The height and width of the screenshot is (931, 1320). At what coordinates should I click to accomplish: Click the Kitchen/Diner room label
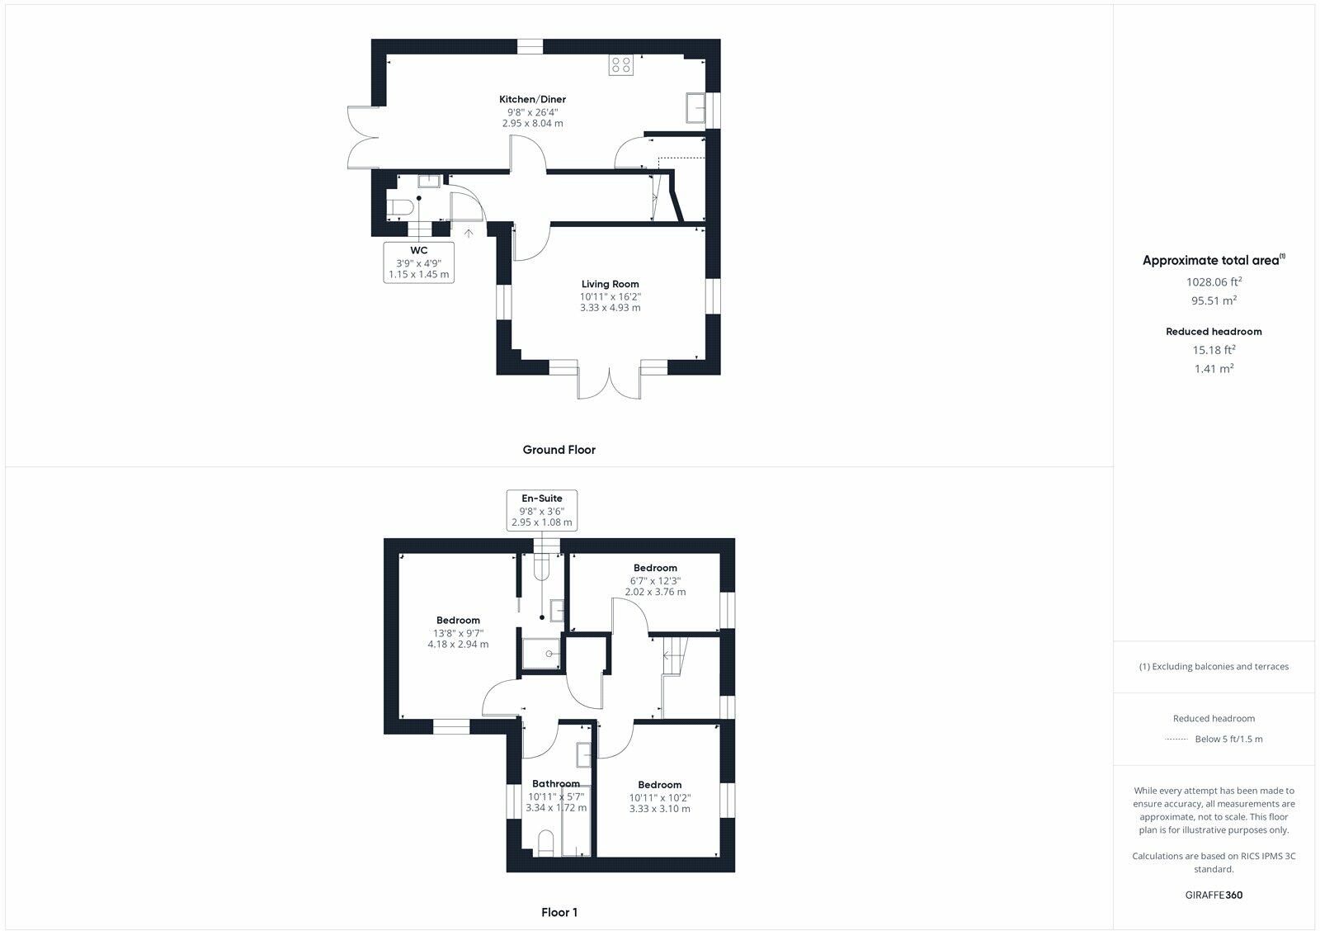point(532,99)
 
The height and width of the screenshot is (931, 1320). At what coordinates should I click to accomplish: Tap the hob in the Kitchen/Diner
point(621,65)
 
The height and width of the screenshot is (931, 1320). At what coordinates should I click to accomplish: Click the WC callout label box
point(419,262)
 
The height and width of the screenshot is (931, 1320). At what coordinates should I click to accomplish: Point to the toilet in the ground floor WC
point(398,206)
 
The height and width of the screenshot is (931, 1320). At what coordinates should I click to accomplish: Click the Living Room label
point(610,284)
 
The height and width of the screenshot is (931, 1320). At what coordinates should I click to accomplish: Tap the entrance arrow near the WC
point(469,234)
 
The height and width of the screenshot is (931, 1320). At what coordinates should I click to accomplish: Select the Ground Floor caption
point(559,450)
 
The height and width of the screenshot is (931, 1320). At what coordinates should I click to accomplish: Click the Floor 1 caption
point(559,912)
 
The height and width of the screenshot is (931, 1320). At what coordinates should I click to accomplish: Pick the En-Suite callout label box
point(542,510)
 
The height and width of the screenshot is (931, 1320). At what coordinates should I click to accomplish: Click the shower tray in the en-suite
point(542,653)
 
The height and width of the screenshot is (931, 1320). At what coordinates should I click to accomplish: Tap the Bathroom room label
point(555,783)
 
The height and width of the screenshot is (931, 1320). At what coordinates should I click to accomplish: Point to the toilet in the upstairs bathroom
point(544,844)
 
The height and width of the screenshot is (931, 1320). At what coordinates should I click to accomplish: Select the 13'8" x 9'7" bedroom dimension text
point(458,633)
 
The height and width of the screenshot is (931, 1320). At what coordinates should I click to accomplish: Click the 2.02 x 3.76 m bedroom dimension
point(655,592)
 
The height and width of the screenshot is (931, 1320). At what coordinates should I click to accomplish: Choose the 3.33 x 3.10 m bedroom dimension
point(659,809)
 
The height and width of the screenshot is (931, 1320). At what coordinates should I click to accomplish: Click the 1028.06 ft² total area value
point(1214,281)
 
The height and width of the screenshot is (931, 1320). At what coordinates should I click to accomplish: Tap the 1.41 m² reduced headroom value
point(1214,369)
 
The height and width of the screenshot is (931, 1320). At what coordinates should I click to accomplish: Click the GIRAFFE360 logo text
point(1214,895)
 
